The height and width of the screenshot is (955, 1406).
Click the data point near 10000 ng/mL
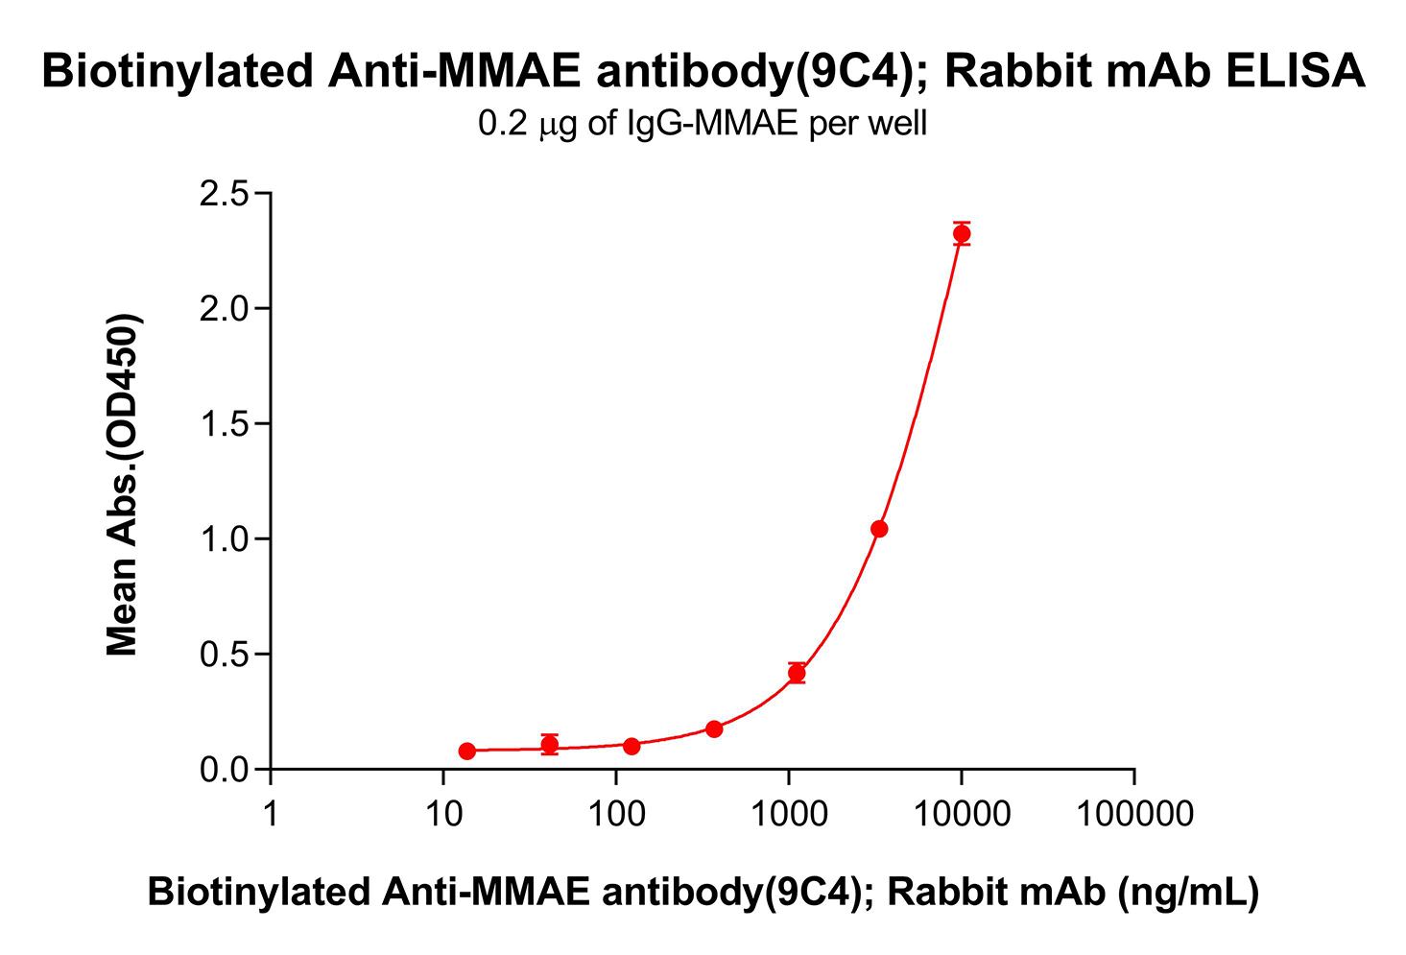962,233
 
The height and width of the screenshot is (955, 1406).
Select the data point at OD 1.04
879,529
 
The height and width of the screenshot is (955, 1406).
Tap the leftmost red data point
467,751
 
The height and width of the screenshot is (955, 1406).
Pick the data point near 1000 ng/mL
797,673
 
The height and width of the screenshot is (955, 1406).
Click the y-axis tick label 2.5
223,195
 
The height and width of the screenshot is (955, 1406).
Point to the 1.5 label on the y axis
223,424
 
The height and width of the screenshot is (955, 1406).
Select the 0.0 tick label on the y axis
223,770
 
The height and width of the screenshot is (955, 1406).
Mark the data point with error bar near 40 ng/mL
550,744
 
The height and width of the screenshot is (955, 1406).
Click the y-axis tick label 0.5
223,655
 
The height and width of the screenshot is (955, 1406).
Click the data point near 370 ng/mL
714,728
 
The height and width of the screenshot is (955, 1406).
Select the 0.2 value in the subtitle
499,124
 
